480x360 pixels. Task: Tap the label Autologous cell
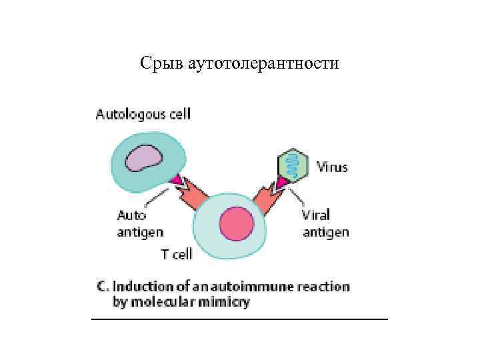pos(143,114)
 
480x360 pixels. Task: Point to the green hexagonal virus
pos(293,164)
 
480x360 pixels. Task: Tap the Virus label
pos(331,167)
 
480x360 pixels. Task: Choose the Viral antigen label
pos(325,223)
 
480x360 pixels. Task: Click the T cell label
pos(177,254)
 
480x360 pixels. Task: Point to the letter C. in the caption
pos(103,287)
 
